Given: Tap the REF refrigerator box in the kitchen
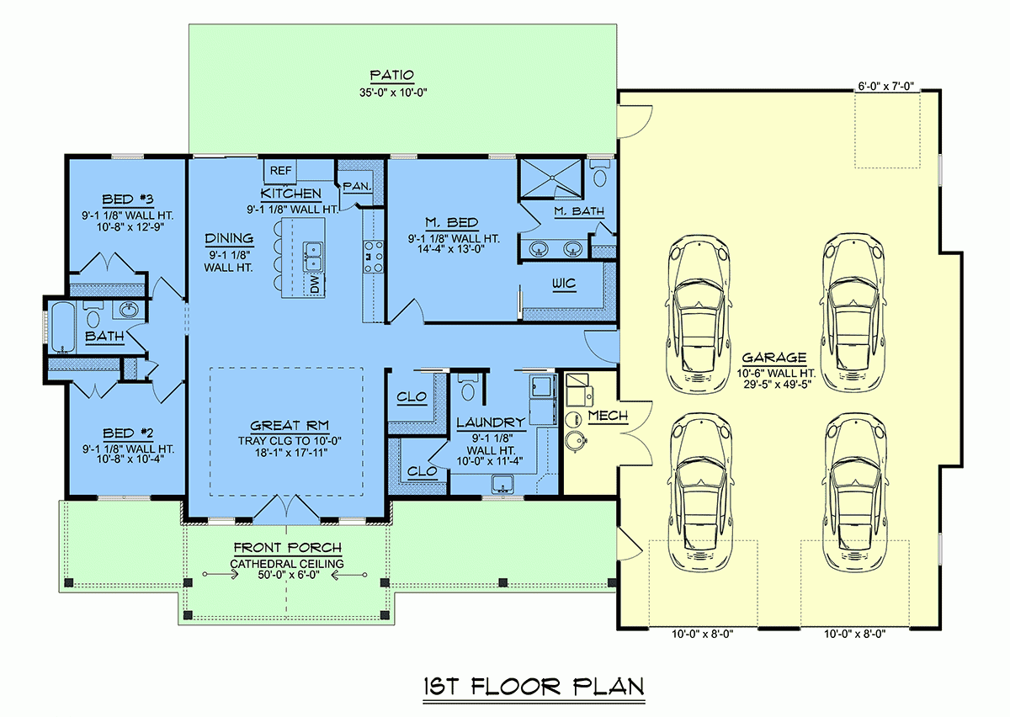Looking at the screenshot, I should (279, 170).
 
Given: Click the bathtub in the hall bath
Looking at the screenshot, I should (62, 327).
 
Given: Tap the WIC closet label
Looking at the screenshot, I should (564, 284).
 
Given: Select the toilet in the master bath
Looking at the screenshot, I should (599, 175).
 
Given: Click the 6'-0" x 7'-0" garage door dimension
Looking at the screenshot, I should (885, 86).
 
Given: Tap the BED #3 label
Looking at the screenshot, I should (127, 199).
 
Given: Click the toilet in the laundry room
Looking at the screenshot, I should (470, 390).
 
